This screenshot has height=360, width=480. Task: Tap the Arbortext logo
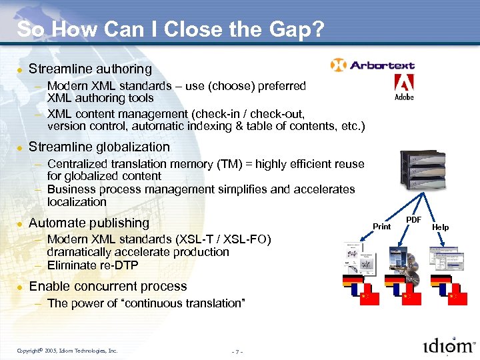tap(373, 65)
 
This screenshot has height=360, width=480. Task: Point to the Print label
tap(381, 227)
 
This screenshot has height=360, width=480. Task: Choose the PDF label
tap(414, 219)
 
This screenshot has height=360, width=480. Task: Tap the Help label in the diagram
tap(441, 227)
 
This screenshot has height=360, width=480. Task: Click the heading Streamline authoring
tap(90, 69)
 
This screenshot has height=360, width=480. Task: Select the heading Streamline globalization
tap(99, 147)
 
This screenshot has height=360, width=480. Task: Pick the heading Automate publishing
tap(89, 223)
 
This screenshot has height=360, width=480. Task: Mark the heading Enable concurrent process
tap(108, 287)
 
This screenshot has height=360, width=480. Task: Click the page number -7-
tap(237, 351)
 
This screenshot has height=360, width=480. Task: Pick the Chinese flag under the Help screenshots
tap(457, 298)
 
